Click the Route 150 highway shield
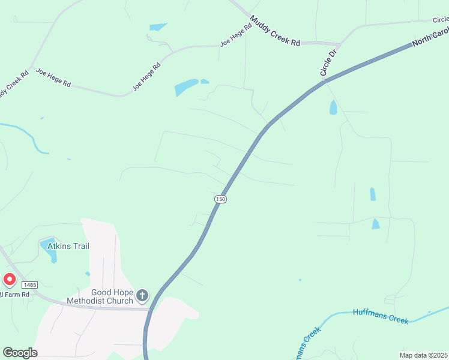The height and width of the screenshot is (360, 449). coord(220,199)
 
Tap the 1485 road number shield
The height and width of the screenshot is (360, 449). coord(30,284)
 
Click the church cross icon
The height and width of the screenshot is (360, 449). coord(142,295)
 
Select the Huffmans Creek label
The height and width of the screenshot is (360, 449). coord(381,316)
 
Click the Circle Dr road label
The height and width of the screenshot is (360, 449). coord(329,63)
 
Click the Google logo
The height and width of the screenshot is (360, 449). coord(20,352)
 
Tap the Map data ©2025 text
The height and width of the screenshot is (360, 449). coord(423,355)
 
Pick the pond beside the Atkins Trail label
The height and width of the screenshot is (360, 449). coord(50,251)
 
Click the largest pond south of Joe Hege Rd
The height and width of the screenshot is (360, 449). coord(186,88)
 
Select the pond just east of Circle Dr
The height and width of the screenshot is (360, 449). coord(333,108)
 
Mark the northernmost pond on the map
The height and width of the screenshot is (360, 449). coord(158,27)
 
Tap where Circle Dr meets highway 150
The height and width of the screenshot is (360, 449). coord(326,81)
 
